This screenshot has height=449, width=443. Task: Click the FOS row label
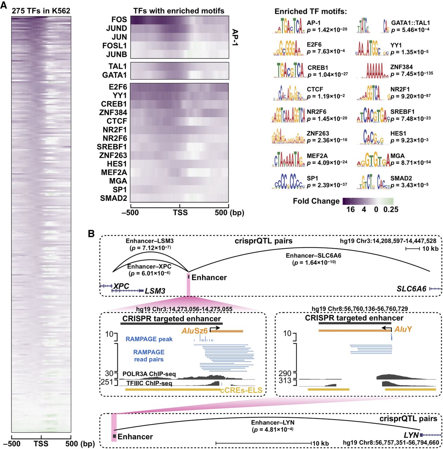(x=119, y=20)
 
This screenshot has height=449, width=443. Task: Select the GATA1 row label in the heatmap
(x=114, y=75)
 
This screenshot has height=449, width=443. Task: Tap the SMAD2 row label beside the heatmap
(x=113, y=198)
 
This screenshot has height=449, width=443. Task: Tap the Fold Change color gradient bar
(x=368, y=201)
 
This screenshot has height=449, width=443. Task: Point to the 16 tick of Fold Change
(x=350, y=209)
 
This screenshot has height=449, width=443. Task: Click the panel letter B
(x=91, y=234)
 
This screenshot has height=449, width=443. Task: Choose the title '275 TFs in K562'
(x=41, y=11)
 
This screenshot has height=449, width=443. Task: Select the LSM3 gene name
(x=155, y=291)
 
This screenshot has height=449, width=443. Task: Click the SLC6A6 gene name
(x=411, y=289)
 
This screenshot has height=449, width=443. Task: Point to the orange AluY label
(x=403, y=329)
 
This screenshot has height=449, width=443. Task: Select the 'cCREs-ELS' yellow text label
(x=242, y=390)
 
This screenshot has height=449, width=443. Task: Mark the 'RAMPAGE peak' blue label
(x=149, y=339)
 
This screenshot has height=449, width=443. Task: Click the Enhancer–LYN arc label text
(x=272, y=423)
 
